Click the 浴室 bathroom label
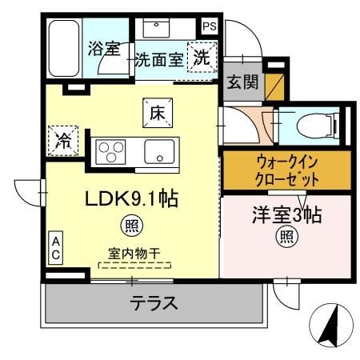point(103,49)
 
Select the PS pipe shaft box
point(209,26)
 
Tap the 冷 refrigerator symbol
point(63,141)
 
